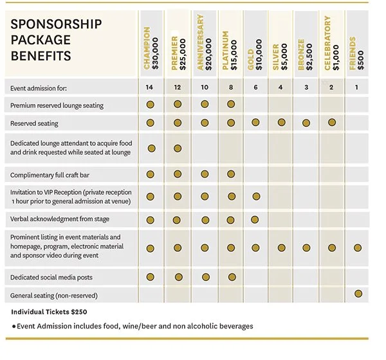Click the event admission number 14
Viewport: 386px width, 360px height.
pos(151,87)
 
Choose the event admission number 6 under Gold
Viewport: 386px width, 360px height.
pos(255,87)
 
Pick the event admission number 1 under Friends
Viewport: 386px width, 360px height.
pos(357,87)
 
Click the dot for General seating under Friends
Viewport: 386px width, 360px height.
pos(358,294)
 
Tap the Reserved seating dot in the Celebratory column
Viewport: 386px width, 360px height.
pos(332,122)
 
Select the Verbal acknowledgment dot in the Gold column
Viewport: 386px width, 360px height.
pos(256,219)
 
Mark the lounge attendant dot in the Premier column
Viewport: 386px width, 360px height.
pos(178,148)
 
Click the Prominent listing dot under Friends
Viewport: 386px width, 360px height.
pos(358,248)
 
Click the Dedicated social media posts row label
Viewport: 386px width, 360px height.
pos(51,278)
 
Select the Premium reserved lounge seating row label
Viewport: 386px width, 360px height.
pos(57,105)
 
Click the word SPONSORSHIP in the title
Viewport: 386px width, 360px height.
pos(57,24)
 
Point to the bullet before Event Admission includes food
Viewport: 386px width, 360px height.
pos(14,327)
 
